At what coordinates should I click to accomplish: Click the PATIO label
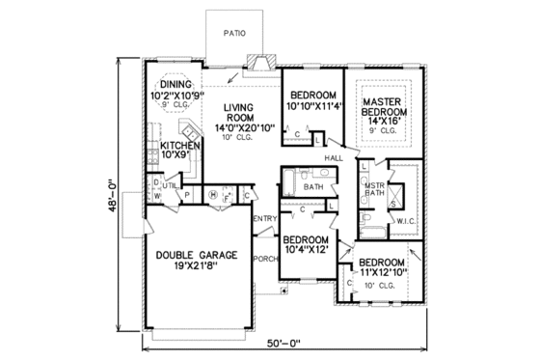coord(233,33)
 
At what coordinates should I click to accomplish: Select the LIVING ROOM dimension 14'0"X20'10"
coord(234,126)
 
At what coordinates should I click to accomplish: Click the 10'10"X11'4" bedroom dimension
coord(312,107)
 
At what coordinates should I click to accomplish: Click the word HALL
coord(335,156)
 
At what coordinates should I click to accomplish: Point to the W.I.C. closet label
coord(405,220)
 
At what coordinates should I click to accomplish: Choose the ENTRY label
coord(265,219)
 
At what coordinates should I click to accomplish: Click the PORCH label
coord(265,258)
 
